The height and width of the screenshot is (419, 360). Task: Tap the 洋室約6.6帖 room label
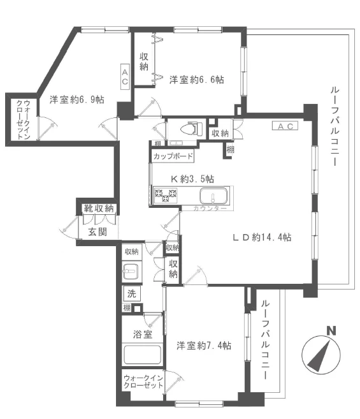coord(196,80)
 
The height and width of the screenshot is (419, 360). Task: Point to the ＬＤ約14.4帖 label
coord(262,237)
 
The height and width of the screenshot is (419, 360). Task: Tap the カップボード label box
coord(172,156)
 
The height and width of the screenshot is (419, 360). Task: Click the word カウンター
coord(210,209)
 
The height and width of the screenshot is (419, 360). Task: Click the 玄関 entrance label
coord(97,232)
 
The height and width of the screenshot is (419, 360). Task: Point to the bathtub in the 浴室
coord(143,355)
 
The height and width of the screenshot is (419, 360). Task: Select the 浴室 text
coord(142,334)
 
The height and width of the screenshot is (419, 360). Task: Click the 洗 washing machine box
coord(131,294)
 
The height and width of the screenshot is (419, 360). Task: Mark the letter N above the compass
coord(330,330)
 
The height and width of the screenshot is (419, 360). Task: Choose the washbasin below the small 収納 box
coord(131,272)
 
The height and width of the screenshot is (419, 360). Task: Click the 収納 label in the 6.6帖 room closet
coord(145,61)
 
